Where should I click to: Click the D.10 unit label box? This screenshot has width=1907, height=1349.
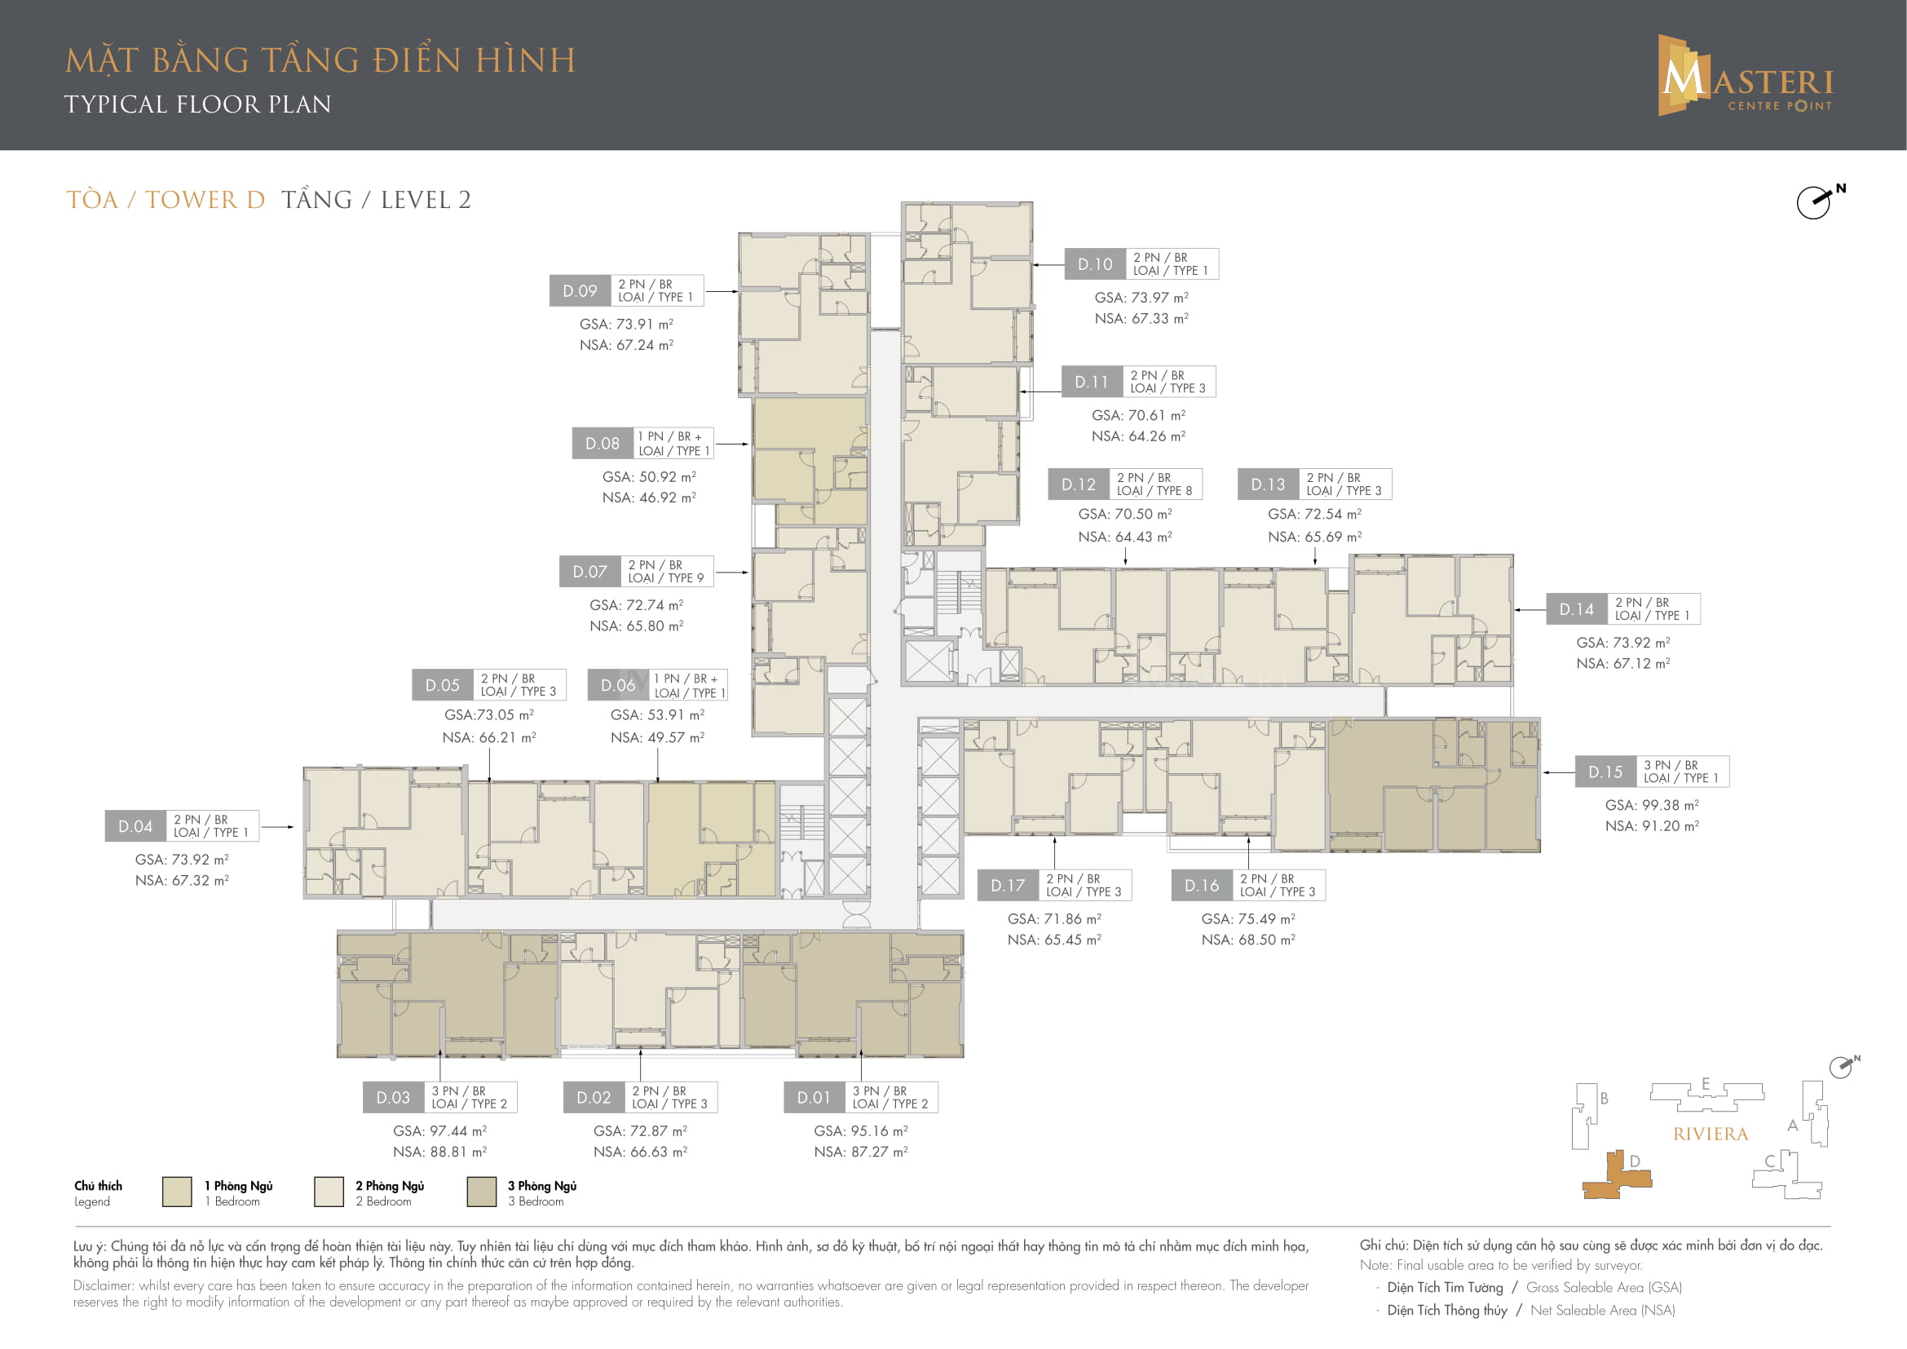coord(1095,264)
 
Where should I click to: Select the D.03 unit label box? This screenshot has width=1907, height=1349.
coord(393,1097)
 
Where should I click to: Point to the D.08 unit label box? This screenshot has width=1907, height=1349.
coord(603,444)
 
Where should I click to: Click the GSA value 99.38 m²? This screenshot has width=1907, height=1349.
coord(1652,805)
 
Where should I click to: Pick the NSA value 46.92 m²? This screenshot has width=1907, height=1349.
coord(649,498)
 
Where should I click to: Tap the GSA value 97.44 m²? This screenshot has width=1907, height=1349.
coord(439,1130)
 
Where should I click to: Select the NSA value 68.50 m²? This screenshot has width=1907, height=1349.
coord(1248,940)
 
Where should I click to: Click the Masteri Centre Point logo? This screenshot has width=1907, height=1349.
coord(1745,75)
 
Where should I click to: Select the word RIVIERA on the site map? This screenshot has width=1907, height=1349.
coord(1711,1134)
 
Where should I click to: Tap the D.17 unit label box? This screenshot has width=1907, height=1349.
coord(1008,886)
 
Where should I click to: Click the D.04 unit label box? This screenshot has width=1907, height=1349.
coord(135,826)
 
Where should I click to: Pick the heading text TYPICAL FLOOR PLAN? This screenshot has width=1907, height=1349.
coord(197,104)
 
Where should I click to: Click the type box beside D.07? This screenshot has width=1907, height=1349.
coord(666,572)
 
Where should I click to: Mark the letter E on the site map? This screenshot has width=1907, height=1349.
coord(1705,1084)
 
